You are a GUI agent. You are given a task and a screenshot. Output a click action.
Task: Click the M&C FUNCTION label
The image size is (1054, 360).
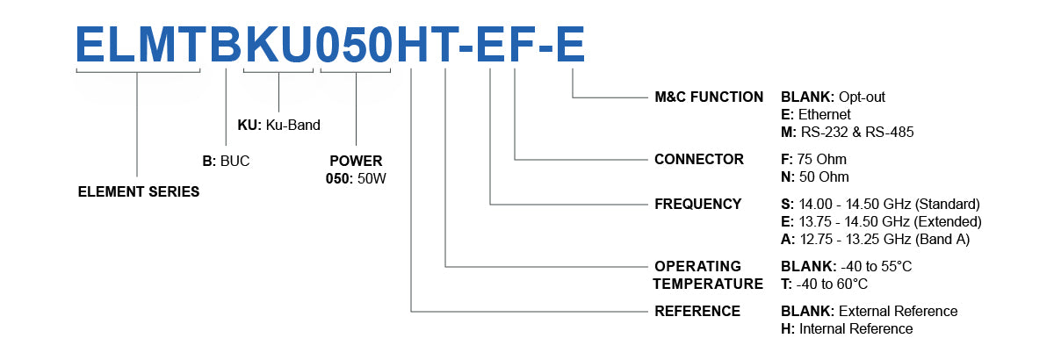pyautogui.click(x=709, y=97)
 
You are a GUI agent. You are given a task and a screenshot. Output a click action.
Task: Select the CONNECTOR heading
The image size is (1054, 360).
pyautogui.click(x=699, y=159)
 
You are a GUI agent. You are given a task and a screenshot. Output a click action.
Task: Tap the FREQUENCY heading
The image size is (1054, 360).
pyautogui.click(x=698, y=204)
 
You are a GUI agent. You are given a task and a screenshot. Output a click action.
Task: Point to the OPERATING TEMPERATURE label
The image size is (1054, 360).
pyautogui.click(x=709, y=274)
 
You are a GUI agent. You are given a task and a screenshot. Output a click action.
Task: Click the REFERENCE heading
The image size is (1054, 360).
pyautogui.click(x=697, y=311)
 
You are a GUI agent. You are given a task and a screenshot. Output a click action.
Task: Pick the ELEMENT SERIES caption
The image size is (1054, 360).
pyautogui.click(x=139, y=191)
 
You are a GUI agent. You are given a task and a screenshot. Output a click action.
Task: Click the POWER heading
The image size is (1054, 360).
pyautogui.click(x=356, y=162)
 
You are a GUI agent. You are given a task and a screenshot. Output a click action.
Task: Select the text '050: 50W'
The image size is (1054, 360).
pyautogui.click(x=356, y=178)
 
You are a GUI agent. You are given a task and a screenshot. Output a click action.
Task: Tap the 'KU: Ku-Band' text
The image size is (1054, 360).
pyautogui.click(x=278, y=125)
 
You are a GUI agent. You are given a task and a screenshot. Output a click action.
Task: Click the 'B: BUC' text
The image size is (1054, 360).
pyautogui.click(x=226, y=162)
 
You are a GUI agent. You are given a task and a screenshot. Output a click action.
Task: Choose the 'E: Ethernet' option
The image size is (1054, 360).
pyautogui.click(x=815, y=114)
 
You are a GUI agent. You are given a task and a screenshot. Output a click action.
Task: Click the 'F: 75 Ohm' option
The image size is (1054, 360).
pyautogui.click(x=813, y=159)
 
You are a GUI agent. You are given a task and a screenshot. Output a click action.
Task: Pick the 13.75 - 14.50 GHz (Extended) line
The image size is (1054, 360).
pyautogui.click(x=881, y=221)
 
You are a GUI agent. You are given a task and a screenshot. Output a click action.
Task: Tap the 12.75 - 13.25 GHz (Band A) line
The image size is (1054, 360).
pyautogui.click(x=874, y=239)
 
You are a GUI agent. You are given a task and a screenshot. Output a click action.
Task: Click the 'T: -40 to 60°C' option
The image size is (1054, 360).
pyautogui.click(x=824, y=284)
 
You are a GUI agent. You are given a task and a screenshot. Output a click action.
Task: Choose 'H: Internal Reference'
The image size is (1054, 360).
pyautogui.click(x=847, y=328)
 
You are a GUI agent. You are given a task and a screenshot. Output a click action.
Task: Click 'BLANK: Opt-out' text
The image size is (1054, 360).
pyautogui.click(x=839, y=97)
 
